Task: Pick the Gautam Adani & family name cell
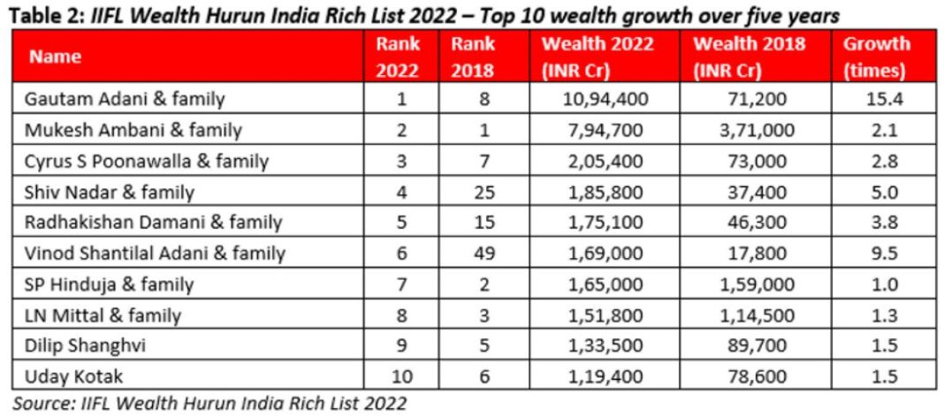[x=125, y=99]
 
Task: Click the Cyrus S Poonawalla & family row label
[x=147, y=162]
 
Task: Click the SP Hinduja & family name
[x=110, y=285]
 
